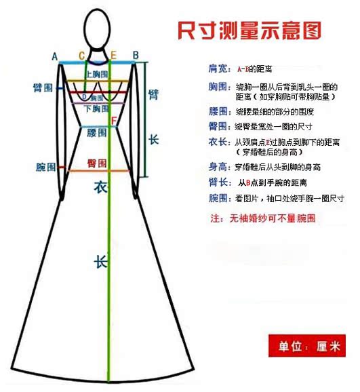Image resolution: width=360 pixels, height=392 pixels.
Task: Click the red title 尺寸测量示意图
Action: (x=249, y=31)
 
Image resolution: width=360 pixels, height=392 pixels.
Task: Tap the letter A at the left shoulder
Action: (x=55, y=57)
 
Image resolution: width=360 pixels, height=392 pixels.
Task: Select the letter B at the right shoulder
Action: (x=136, y=55)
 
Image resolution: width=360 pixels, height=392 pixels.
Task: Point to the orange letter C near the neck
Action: (x=82, y=56)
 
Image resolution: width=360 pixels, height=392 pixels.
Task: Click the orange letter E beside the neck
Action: (x=113, y=55)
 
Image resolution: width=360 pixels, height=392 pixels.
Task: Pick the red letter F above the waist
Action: (x=114, y=121)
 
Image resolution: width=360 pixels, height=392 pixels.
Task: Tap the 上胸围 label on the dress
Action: (x=97, y=74)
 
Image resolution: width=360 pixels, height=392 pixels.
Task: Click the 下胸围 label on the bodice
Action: (x=96, y=109)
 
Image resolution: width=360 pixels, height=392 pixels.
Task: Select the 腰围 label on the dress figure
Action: (x=96, y=132)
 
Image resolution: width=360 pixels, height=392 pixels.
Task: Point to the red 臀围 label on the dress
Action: (x=97, y=163)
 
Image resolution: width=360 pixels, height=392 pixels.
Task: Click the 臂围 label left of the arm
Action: (x=43, y=88)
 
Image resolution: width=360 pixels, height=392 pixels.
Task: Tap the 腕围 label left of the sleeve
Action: (x=45, y=167)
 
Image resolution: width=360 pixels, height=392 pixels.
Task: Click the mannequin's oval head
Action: (x=97, y=28)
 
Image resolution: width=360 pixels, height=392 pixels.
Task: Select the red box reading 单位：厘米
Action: (x=307, y=346)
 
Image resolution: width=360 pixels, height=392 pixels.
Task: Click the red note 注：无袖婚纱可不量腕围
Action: (x=263, y=218)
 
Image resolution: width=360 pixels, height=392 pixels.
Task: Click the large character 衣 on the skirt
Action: (x=101, y=187)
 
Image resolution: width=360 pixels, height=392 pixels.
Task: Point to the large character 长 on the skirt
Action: (x=101, y=262)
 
